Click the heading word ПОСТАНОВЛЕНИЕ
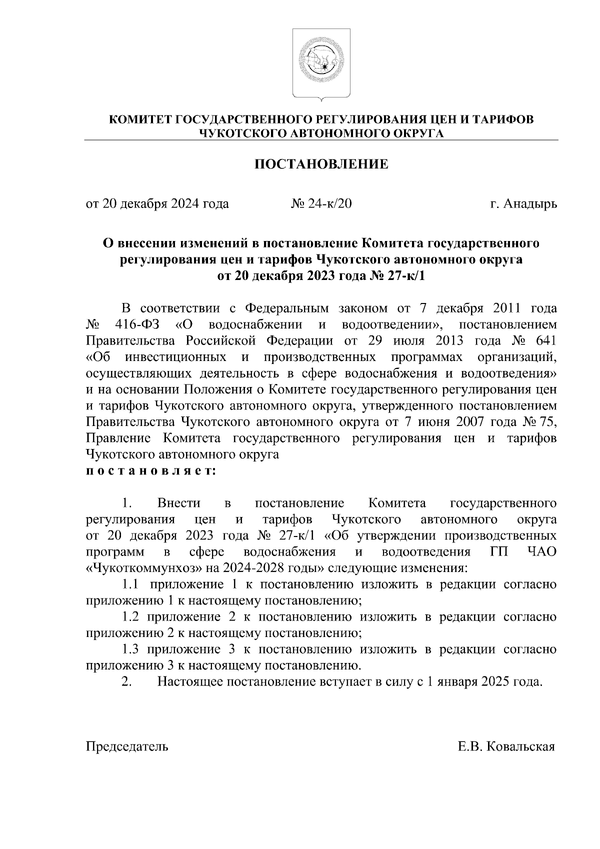[x=321, y=164]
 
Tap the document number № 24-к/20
[x=321, y=204]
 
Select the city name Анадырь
[x=530, y=204]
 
